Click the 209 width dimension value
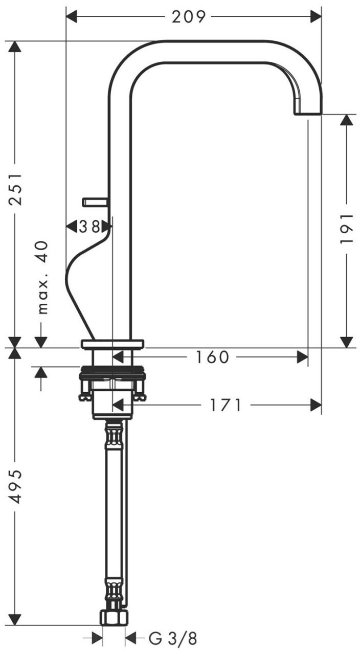tap(189, 17)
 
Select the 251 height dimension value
tap(15, 189)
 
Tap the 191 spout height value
tap(347, 229)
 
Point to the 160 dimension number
tap(212, 357)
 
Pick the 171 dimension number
tap(226, 405)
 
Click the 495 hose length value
tap(15, 487)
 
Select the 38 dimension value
tap(90, 227)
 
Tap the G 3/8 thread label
tap(173, 638)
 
